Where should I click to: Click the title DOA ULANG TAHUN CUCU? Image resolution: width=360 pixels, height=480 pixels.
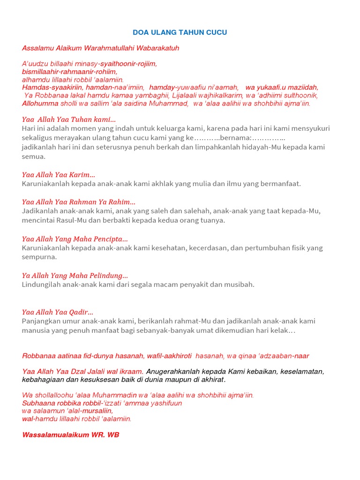click(x=180, y=32)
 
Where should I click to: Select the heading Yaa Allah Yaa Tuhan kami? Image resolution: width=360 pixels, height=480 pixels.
click(x=69, y=120)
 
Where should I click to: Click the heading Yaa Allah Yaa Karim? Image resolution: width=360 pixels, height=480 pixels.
click(x=59, y=175)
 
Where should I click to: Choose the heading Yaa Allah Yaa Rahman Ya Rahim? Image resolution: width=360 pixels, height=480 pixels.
click(x=79, y=202)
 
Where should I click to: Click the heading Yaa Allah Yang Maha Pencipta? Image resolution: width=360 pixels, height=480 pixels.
click(x=75, y=239)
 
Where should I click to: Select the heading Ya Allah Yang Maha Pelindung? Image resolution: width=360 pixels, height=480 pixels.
click(x=75, y=276)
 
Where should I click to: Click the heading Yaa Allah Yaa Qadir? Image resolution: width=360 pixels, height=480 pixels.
click(x=58, y=312)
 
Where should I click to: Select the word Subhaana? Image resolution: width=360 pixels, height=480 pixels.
click(x=38, y=403)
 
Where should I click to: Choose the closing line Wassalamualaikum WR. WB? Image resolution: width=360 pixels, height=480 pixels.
click(x=71, y=435)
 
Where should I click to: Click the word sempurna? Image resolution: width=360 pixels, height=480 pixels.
click(x=39, y=257)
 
